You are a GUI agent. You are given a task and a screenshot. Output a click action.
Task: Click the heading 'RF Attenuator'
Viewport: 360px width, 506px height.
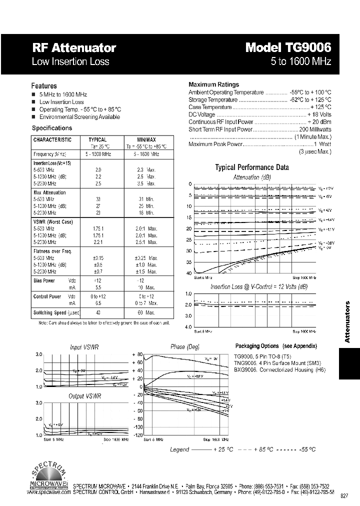(74, 48)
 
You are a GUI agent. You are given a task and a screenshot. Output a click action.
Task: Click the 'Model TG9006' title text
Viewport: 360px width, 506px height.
(288, 48)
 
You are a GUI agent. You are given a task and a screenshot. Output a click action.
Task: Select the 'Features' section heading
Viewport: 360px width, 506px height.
(44, 86)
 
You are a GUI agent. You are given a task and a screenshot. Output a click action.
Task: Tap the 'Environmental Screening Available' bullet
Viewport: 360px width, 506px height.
(79, 117)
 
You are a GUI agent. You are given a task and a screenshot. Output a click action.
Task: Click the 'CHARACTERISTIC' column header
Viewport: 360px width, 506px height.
(52, 140)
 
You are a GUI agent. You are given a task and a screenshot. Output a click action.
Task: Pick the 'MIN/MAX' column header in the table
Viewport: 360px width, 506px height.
(146, 140)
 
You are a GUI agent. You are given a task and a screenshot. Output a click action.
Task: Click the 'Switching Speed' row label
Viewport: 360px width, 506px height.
(49, 312)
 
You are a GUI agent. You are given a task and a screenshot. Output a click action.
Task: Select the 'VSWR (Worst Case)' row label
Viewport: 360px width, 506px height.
(53, 221)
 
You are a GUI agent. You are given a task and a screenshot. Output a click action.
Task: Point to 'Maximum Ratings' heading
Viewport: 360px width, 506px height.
(213, 84)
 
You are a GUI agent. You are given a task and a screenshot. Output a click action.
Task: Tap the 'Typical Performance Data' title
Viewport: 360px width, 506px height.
(252, 167)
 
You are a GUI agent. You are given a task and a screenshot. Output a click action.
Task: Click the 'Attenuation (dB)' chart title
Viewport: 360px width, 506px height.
(252, 177)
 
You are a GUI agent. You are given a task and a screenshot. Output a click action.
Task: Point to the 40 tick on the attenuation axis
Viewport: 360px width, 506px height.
(189, 273)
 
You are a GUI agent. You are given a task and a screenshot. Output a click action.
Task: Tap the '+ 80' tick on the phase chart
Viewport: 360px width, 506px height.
(137, 354)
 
